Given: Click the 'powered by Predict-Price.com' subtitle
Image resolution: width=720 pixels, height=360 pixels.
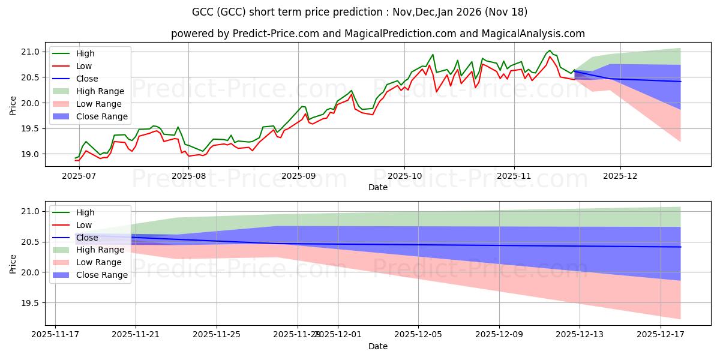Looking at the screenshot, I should click(360, 34).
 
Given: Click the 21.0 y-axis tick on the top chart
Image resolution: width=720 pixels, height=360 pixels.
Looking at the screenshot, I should click(31, 52).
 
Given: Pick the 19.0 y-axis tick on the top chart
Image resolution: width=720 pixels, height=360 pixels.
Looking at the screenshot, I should click(31, 154).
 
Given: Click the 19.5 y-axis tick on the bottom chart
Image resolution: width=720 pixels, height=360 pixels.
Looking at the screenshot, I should click(31, 303).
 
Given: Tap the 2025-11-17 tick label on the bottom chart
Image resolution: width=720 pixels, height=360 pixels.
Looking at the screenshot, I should click(55, 334).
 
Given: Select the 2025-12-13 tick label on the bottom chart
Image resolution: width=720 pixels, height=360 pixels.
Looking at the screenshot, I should click(580, 334).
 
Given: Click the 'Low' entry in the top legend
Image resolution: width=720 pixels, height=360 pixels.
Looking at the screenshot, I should click(84, 66).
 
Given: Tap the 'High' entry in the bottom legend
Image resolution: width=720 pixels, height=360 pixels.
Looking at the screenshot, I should click(85, 212).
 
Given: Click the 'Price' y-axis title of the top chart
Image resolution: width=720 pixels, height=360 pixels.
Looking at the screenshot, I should click(13, 103).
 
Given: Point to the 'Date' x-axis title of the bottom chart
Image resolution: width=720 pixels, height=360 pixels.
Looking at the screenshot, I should click(378, 346).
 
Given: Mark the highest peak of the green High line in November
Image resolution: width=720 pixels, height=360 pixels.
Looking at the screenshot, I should click(550, 50).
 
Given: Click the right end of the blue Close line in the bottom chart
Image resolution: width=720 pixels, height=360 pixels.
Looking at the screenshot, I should click(681, 247).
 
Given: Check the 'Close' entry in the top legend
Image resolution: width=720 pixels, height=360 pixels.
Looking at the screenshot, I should click(87, 79).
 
